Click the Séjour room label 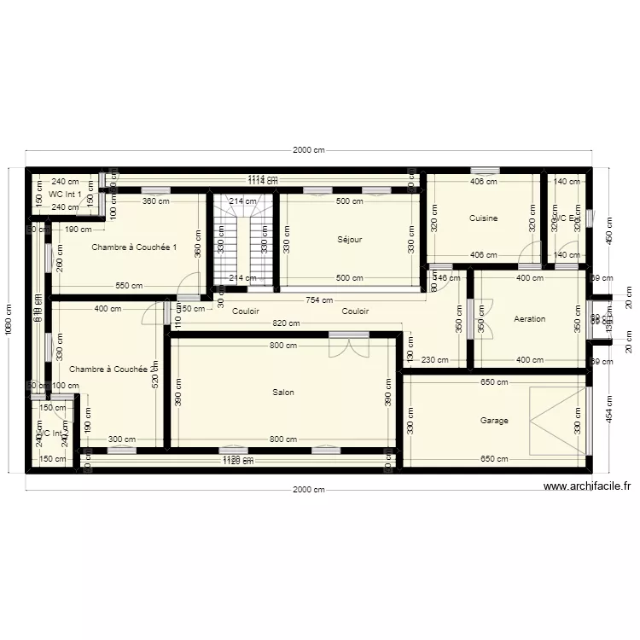[x=349, y=240]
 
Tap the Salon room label [x=283, y=393]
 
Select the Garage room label [x=494, y=421]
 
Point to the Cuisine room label [x=483, y=218]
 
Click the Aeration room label [x=529, y=319]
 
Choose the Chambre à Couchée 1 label [x=133, y=247]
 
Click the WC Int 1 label [x=65, y=195]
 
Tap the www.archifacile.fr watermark [x=587, y=486]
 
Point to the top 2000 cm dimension [x=309, y=151]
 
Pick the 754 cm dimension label [x=320, y=300]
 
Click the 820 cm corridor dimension [x=286, y=323]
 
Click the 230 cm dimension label [x=433, y=359]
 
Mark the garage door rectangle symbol [x=558, y=421]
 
